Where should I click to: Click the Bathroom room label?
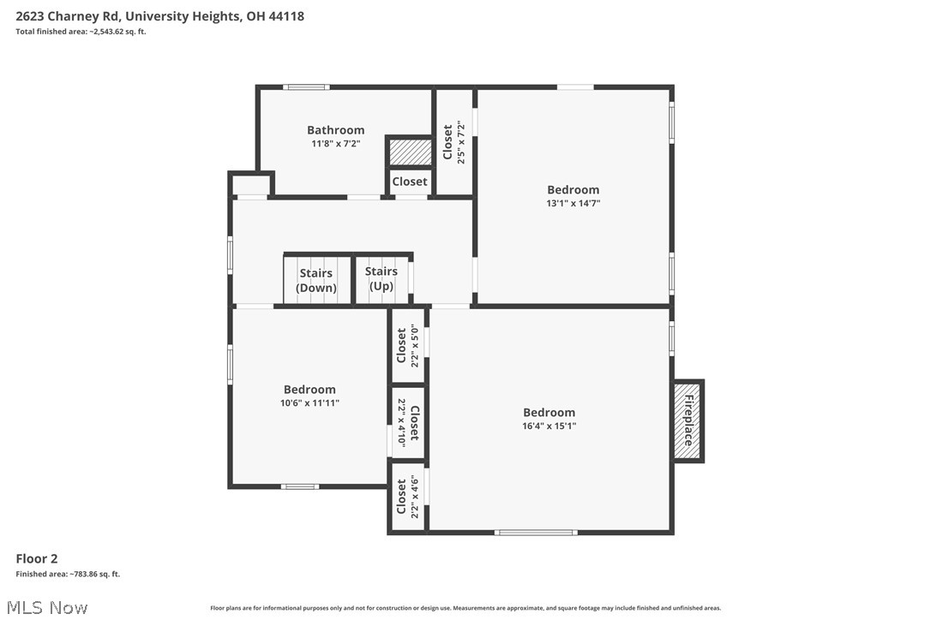pyautogui.click(x=335, y=130)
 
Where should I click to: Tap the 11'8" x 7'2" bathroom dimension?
pyautogui.click(x=335, y=144)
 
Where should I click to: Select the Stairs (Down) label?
pyautogui.click(x=316, y=281)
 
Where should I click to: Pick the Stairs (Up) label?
pyautogui.click(x=381, y=279)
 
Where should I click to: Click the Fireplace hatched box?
pyautogui.click(x=688, y=420)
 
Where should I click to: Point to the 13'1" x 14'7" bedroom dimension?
pyautogui.click(x=574, y=203)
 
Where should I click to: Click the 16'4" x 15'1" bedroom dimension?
pyautogui.click(x=549, y=426)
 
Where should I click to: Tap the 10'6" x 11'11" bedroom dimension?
pyautogui.click(x=309, y=402)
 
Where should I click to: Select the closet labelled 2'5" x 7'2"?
pyautogui.click(x=453, y=142)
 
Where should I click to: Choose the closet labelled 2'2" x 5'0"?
pyautogui.click(x=407, y=346)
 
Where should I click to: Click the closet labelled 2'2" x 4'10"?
pyautogui.click(x=407, y=423)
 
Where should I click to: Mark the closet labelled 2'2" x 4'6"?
pyautogui.click(x=407, y=498)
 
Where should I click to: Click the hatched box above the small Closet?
pyautogui.click(x=409, y=152)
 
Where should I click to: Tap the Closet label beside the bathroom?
pyautogui.click(x=409, y=182)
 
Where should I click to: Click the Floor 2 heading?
pyautogui.click(x=37, y=558)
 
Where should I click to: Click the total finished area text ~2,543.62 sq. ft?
pyautogui.click(x=81, y=32)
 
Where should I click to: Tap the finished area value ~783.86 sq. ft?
pyautogui.click(x=68, y=574)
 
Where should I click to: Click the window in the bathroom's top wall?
pyautogui.click(x=306, y=86)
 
